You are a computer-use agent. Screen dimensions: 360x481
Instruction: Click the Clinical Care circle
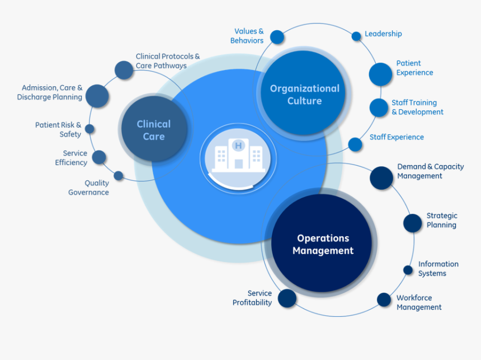coord(153,130)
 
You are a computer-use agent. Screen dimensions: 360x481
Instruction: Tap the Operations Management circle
coord(323,245)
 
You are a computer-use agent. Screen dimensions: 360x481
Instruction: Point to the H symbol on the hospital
coord(239,146)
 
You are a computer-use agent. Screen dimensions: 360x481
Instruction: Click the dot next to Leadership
coord(356,36)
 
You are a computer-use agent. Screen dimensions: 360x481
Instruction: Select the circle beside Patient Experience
coord(380,74)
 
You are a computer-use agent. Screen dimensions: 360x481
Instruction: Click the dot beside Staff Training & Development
coord(379,107)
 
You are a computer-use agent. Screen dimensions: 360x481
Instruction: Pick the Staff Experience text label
coord(397,137)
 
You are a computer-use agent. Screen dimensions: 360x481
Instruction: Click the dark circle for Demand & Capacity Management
coord(381,177)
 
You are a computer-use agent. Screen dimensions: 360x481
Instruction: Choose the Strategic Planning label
coord(441,220)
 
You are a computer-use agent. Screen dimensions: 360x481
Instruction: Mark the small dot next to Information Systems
coord(408,270)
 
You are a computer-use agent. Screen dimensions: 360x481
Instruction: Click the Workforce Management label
coord(419,302)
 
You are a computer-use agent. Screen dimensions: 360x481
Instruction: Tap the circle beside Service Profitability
coord(287,298)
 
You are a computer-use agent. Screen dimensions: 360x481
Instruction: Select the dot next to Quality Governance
coord(119,176)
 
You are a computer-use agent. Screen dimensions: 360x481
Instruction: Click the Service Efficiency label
coord(71,158)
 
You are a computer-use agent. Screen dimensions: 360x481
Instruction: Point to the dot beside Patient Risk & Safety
coord(89,129)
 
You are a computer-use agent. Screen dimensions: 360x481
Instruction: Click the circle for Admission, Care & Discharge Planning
coord(97,96)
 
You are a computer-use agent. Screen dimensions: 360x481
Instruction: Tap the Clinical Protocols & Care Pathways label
coord(167,61)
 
